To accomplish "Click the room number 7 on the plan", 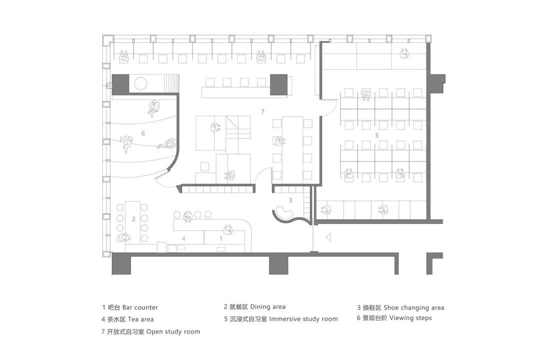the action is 263,111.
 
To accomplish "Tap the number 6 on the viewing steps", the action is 143,133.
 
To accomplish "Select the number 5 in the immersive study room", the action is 377,135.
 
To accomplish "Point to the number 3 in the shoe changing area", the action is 290,200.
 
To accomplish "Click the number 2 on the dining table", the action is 133,219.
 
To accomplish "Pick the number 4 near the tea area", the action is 183,238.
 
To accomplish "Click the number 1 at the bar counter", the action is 221,238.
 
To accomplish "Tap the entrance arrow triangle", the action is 328,237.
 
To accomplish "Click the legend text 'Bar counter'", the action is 140,307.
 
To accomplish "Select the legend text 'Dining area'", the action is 268,306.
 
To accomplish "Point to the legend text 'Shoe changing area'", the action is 414,307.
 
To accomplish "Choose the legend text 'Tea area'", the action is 141,319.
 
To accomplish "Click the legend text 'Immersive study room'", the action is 303,319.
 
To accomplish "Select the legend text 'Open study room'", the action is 173,332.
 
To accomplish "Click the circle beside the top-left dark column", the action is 140,83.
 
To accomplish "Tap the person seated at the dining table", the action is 124,237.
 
